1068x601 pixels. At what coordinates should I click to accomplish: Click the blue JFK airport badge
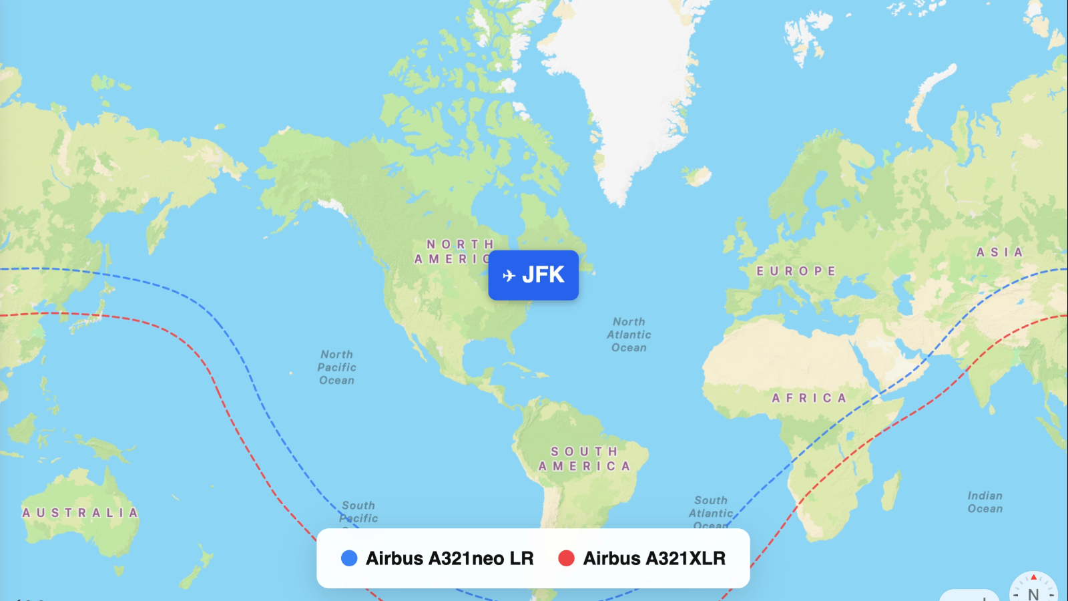tap(533, 275)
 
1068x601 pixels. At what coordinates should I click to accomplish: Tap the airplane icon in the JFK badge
tap(509, 276)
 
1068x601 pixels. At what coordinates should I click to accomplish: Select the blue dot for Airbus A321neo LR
tap(349, 558)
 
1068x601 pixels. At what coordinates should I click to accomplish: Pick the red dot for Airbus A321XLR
tap(566, 558)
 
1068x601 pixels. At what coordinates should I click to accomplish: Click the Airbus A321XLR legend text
tap(654, 558)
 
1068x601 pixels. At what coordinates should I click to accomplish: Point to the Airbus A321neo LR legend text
tap(449, 558)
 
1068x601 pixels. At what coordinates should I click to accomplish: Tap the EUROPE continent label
tap(796, 271)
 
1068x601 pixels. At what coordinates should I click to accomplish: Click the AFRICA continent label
tap(809, 398)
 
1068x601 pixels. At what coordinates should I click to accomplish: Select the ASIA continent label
tap(999, 252)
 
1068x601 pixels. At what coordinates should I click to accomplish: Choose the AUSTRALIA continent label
tap(80, 513)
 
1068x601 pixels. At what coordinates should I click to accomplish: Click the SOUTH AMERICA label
tap(585, 459)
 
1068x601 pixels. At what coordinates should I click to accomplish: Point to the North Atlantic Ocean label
tap(629, 335)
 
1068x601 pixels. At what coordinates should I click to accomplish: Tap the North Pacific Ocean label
tap(337, 367)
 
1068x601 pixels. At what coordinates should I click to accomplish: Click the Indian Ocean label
tap(985, 502)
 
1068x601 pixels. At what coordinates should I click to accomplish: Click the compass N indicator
tap(1033, 591)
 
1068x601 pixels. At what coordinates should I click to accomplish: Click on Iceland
tap(698, 176)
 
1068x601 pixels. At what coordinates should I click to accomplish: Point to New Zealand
tap(198, 568)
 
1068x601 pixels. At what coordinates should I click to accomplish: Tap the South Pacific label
tap(358, 512)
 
